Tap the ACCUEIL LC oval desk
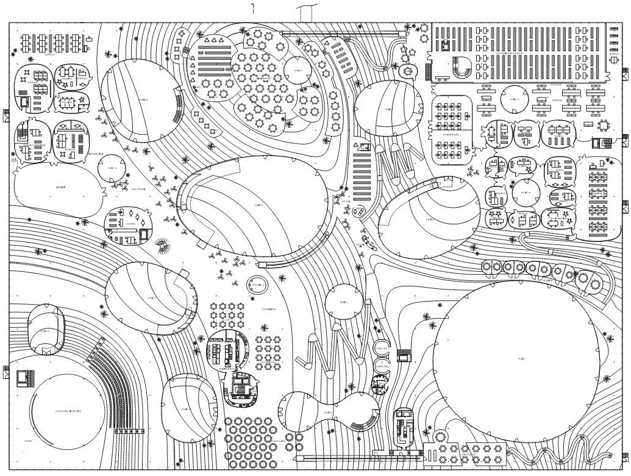257,285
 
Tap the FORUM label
28,439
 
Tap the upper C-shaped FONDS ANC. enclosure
382,348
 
